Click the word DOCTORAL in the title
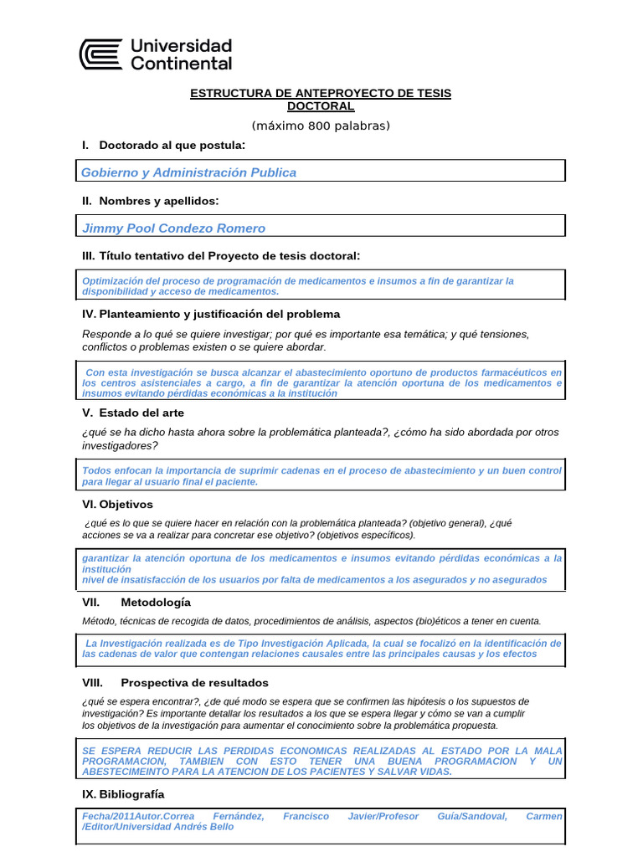click(x=321, y=106)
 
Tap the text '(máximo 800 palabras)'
click(x=321, y=126)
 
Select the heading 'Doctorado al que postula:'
click(x=172, y=146)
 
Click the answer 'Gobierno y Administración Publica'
click(x=188, y=172)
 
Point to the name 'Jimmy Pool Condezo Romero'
click(x=173, y=228)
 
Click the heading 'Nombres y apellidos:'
click(x=159, y=201)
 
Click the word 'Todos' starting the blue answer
click(x=97, y=470)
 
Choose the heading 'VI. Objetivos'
click(x=117, y=505)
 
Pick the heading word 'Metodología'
click(x=156, y=602)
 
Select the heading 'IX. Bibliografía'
click(x=123, y=793)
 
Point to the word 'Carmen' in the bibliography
click(x=544, y=815)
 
